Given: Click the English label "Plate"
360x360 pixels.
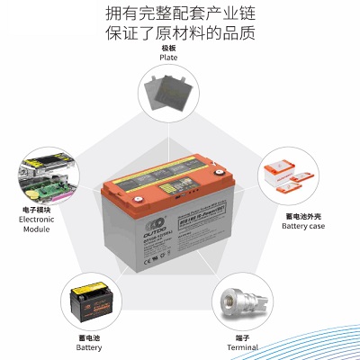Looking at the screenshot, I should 168,58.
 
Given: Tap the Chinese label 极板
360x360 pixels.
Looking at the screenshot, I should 168,47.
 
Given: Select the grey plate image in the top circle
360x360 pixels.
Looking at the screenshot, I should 168,95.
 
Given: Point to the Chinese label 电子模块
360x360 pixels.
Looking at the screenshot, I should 37,209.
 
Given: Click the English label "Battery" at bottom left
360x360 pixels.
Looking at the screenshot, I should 89,346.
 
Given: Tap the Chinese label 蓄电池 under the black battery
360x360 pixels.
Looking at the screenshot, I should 89,336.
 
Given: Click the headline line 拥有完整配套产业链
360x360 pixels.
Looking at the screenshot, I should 180,14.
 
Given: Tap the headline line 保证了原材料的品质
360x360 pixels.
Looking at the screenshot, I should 180,35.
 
